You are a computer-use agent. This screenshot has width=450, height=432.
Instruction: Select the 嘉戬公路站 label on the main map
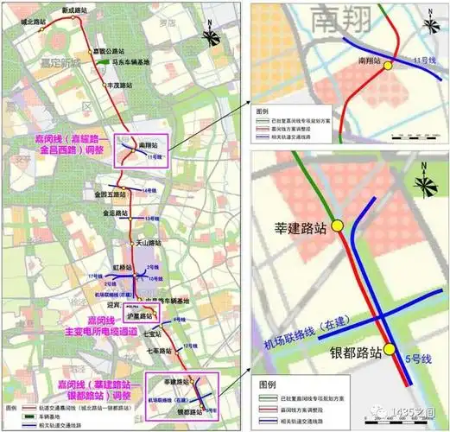(130, 50)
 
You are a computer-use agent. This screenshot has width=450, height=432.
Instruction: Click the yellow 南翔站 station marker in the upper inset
(389, 65)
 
